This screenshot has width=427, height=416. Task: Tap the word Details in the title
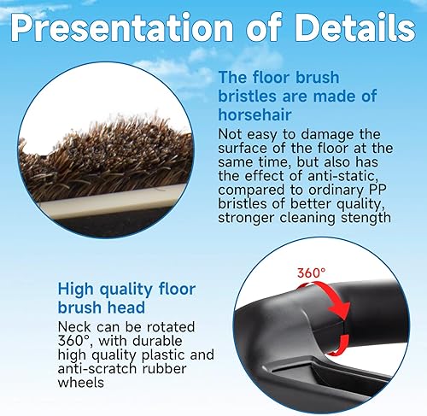(x=354, y=27)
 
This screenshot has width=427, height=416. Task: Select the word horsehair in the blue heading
(x=254, y=114)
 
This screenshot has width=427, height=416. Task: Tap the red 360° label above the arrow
(x=311, y=273)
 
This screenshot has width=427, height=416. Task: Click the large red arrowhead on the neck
(x=341, y=311)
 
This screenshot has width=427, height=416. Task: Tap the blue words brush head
(x=102, y=308)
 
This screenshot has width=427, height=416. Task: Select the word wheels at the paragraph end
(x=81, y=383)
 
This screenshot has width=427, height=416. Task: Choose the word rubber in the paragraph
(x=164, y=369)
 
